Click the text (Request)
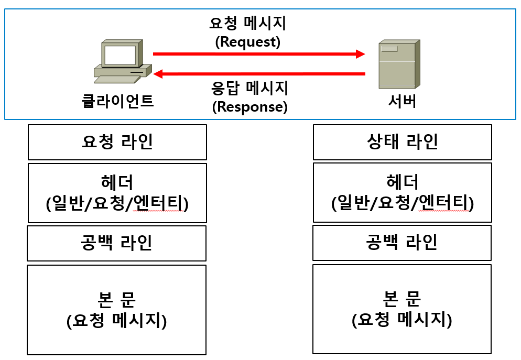[248, 42]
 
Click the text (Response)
[250, 107]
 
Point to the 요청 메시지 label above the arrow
[248, 24]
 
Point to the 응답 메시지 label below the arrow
[250, 88]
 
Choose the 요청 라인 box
[117, 142]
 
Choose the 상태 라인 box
[402, 142]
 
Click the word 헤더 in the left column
[117, 182]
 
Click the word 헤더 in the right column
[402, 182]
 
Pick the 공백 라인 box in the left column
[116, 243]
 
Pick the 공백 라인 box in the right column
[401, 243]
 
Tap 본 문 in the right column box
[401, 299]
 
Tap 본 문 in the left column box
[117, 299]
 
